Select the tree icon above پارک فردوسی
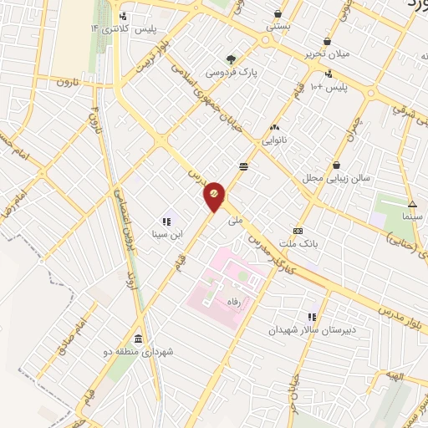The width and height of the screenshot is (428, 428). [x=232, y=59]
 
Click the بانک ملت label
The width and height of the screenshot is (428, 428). [x=298, y=245]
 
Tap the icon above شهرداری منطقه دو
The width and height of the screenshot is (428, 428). [x=137, y=339]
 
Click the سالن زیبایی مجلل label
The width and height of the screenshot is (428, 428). [x=335, y=179]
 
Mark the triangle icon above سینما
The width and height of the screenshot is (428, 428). [x=412, y=204]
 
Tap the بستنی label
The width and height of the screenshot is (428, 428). [x=278, y=27]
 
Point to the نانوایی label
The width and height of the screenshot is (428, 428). [x=274, y=140]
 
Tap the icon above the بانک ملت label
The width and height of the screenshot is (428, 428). [x=298, y=232]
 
